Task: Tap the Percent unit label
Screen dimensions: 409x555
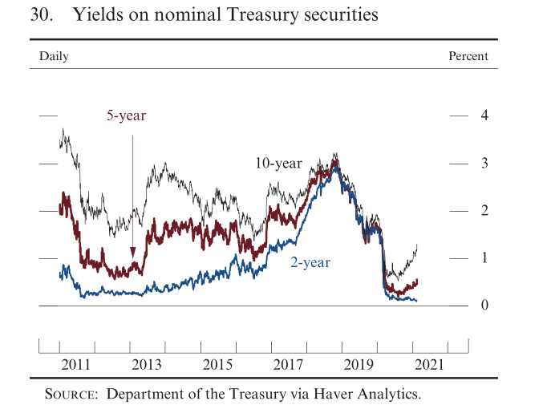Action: click(468, 56)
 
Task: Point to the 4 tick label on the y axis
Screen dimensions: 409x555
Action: click(484, 115)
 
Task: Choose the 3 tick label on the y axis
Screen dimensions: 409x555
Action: click(484, 163)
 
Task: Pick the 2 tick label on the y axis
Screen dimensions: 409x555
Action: click(484, 210)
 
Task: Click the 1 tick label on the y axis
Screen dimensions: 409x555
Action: click(484, 257)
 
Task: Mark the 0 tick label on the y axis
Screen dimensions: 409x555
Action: click(484, 305)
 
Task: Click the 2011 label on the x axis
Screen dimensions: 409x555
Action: click(77, 365)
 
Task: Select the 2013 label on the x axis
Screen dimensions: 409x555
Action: click(148, 365)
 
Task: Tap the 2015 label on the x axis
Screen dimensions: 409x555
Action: click(218, 365)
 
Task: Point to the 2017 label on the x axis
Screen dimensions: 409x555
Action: click(289, 365)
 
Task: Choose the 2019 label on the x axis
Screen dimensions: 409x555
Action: click(359, 365)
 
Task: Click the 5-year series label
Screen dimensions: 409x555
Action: click(127, 116)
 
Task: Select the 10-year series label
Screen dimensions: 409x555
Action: click(278, 164)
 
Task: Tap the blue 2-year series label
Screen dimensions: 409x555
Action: click(310, 262)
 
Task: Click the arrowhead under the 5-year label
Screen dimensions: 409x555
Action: click(132, 253)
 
